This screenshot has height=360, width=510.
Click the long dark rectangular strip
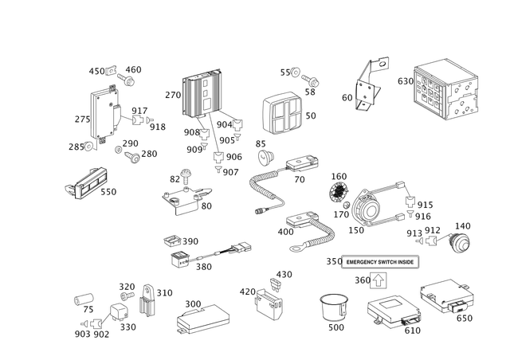tap(380, 262)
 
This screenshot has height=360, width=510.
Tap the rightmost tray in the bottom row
tap(449, 297)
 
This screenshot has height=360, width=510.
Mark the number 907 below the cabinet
tap(231, 171)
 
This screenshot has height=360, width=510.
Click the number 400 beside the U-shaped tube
tap(284, 232)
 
